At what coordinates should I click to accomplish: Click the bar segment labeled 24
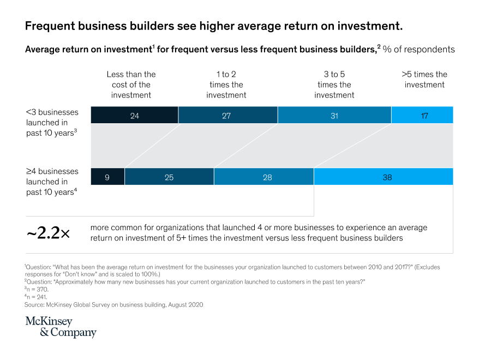point(134,115)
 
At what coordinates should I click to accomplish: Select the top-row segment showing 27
point(227,115)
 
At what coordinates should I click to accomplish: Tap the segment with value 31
point(334,115)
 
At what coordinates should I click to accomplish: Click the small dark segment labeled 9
point(107,177)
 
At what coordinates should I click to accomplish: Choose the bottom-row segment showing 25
point(169,177)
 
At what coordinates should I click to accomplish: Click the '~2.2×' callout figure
point(48,233)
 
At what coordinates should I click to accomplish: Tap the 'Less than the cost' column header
point(131,85)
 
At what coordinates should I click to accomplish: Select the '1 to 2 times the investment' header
point(226,85)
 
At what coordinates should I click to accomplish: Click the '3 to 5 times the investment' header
point(334,85)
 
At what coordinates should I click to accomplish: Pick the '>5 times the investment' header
point(424,79)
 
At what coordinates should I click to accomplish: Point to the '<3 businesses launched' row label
point(52,122)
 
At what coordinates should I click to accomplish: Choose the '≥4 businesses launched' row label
point(52,182)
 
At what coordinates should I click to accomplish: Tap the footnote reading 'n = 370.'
point(37,290)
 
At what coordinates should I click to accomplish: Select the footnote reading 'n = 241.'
point(37,297)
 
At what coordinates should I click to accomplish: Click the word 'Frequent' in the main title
point(50,26)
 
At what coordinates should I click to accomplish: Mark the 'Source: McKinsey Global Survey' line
point(113,305)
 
